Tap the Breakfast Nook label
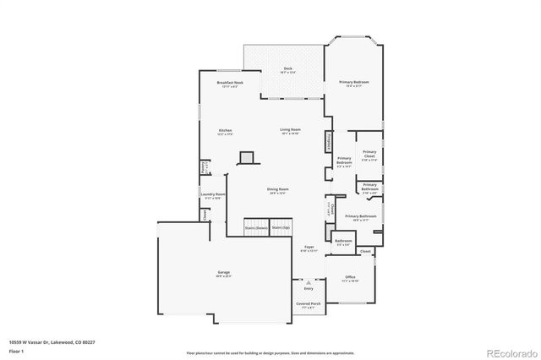click(x=229, y=84)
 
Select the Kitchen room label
click(x=225, y=131)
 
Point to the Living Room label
click(x=290, y=130)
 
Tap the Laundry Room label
click(x=212, y=195)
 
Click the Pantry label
click(x=204, y=168)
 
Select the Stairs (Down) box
click(x=256, y=228)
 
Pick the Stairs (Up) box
click(x=281, y=228)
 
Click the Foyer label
click(x=309, y=248)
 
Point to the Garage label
click(x=223, y=273)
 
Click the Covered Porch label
click(x=308, y=304)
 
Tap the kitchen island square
click(x=246, y=157)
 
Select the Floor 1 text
click(x=16, y=350)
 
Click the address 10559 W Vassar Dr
click(x=52, y=342)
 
